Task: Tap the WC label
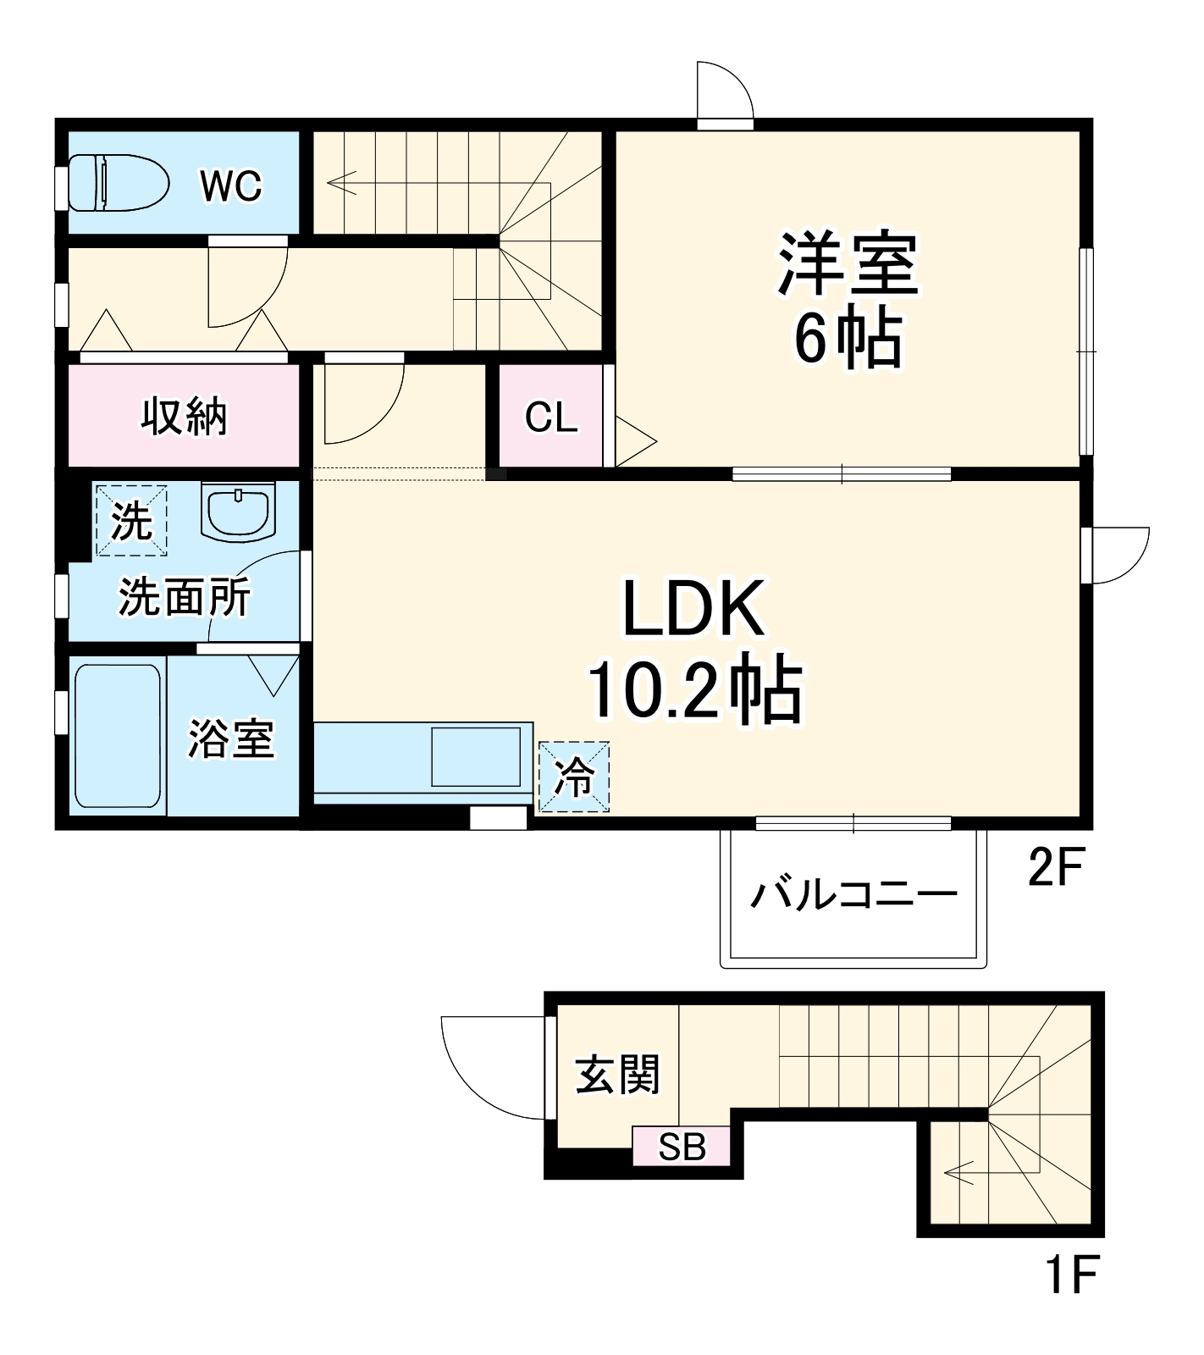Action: [x=231, y=185]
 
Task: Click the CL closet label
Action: [x=550, y=417]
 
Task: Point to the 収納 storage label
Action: [x=184, y=416]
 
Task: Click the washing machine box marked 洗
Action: [x=131, y=519]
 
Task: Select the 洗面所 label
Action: [x=184, y=598]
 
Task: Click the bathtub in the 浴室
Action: [x=118, y=736]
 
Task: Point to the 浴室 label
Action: [x=230, y=738]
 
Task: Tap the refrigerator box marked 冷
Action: [x=574, y=776]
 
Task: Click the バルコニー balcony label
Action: [x=853, y=893]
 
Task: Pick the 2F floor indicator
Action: [x=1055, y=867]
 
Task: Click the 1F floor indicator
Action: [x=1073, y=1275]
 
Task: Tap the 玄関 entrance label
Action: [x=617, y=1075]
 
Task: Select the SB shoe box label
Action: [x=682, y=1147]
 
